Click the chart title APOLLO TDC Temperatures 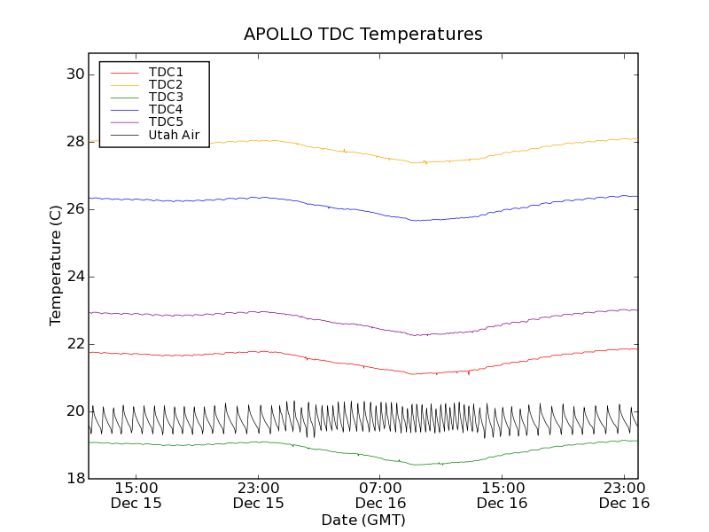point(363,35)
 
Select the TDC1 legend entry point(166,72)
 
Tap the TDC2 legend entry point(166,84)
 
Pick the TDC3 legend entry point(166,98)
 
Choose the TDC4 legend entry point(166,110)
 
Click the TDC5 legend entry point(166,122)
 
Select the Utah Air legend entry point(174,136)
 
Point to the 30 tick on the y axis point(74,74)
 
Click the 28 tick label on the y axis point(74,142)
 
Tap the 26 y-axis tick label point(74,209)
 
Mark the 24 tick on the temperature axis point(74,277)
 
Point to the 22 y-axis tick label point(74,344)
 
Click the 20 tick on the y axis point(74,411)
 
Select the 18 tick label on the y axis point(74,479)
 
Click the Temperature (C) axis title point(56,265)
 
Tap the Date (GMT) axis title point(363,520)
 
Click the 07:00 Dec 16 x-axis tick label point(380,495)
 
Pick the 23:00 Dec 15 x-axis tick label point(259,495)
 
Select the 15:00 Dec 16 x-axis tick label point(503,495)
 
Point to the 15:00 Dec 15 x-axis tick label point(136,495)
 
